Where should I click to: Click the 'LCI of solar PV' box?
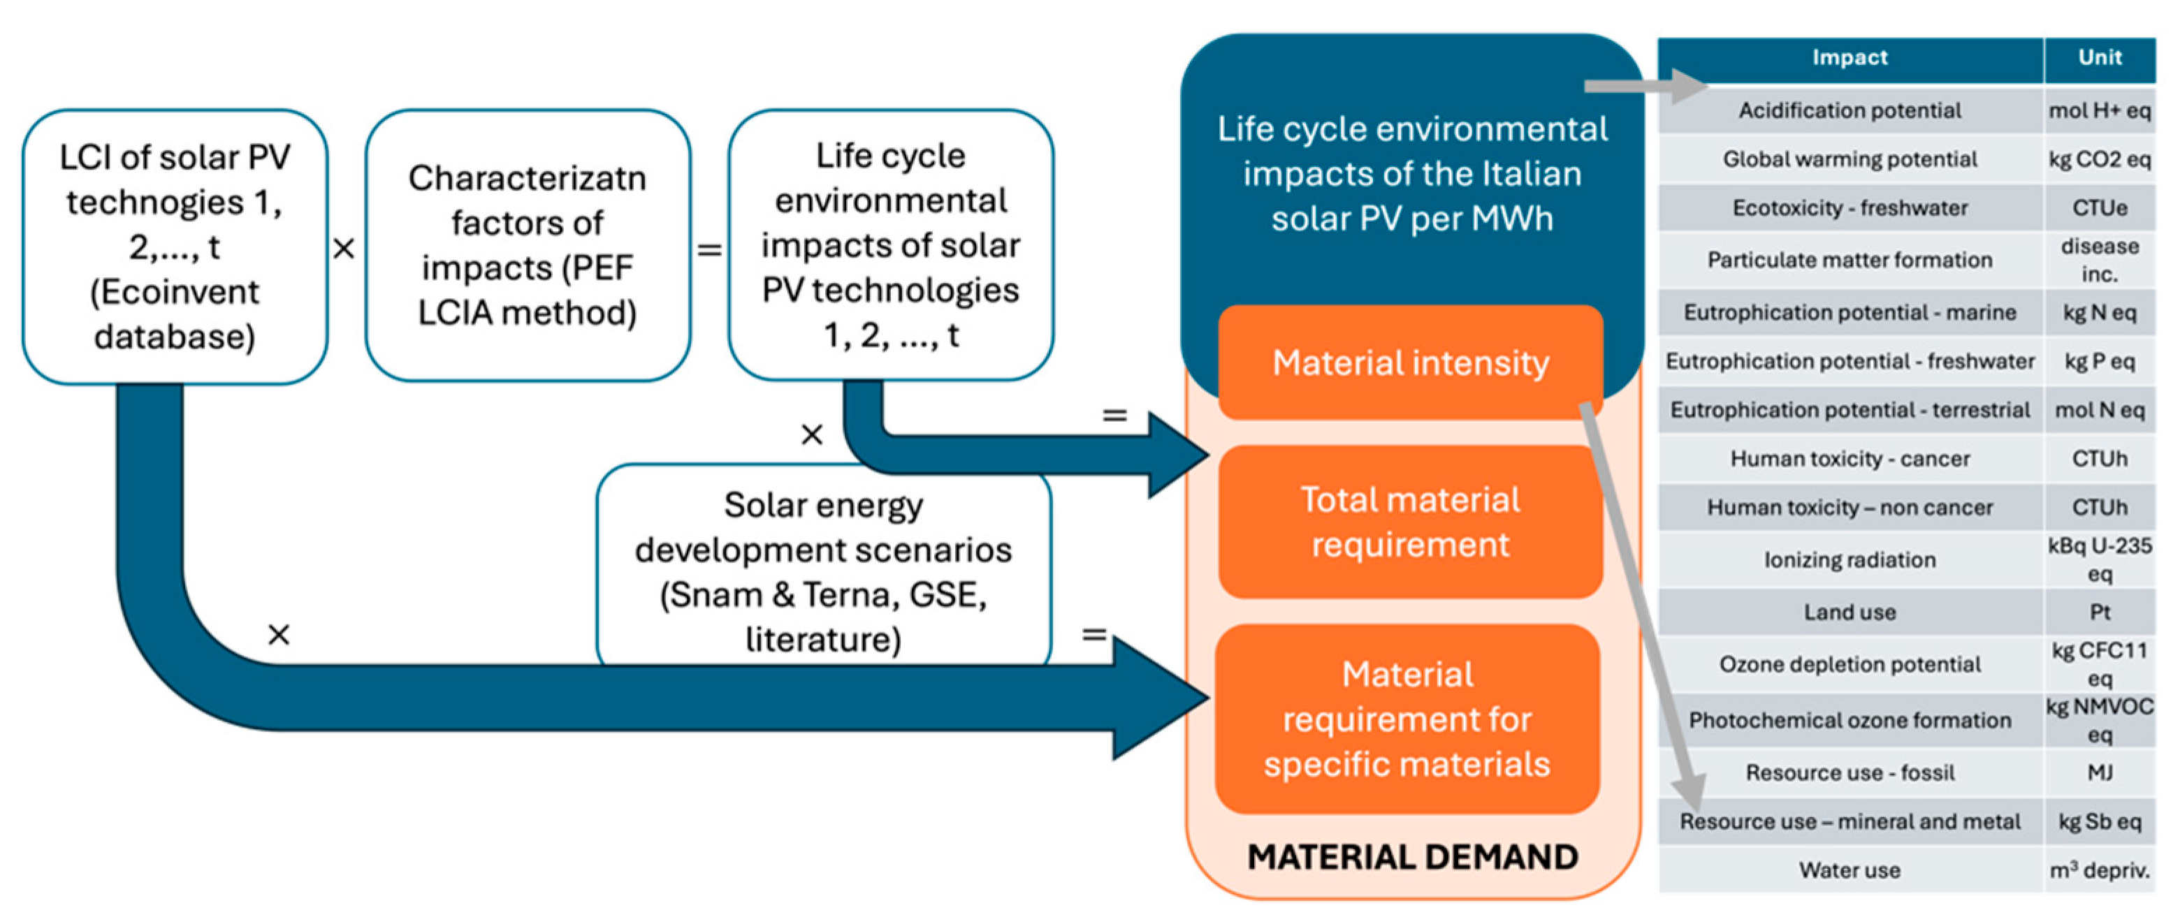click(175, 247)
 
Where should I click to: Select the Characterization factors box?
click(528, 245)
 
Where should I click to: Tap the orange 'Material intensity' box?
click(1411, 363)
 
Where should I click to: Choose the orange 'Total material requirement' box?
click(1411, 522)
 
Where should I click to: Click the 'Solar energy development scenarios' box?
click(823, 571)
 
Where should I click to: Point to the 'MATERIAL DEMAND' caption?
click(1412, 857)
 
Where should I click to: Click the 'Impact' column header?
click(1850, 57)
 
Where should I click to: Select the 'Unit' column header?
click(2100, 57)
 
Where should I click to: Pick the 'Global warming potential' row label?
click(1850, 159)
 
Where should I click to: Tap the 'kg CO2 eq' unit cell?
click(2100, 159)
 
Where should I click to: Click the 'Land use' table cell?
click(1850, 612)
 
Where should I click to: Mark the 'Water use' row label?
click(1850, 870)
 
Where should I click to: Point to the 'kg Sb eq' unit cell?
click(2100, 821)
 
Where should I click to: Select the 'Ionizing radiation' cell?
click(1850, 559)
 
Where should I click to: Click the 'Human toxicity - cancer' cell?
click(1850, 459)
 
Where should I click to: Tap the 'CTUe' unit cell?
click(2100, 208)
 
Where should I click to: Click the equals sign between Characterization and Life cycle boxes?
click(709, 249)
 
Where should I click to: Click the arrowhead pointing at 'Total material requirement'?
click(1181, 455)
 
